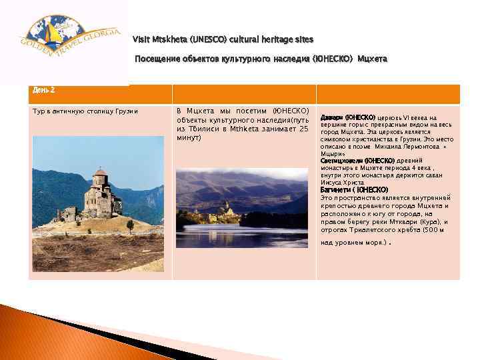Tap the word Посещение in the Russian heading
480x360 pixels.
155,59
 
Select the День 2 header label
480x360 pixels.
43,89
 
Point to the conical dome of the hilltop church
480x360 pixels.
100,173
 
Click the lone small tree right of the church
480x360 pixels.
130,225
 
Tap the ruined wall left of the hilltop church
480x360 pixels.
67,213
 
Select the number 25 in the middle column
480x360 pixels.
303,129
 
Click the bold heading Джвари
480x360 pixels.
331,117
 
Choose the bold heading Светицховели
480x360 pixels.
343,161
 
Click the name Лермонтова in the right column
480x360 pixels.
415,146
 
